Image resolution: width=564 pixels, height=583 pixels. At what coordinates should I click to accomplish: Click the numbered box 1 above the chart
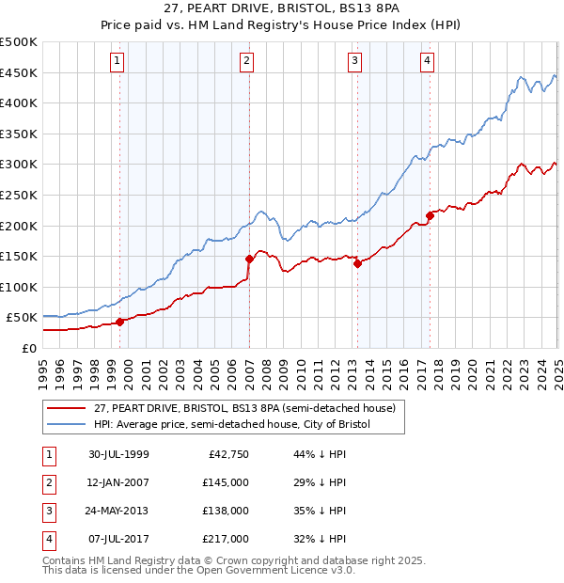(117, 62)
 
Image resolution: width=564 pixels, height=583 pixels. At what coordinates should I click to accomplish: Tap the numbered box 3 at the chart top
(355, 62)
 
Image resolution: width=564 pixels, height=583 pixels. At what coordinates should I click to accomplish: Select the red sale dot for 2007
(249, 259)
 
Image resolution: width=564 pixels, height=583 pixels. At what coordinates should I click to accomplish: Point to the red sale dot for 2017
(430, 215)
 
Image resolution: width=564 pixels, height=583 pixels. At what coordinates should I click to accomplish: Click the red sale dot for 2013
(358, 263)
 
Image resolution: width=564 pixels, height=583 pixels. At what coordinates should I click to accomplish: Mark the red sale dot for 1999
(120, 322)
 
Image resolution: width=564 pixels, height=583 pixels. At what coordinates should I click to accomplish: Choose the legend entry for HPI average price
(232, 424)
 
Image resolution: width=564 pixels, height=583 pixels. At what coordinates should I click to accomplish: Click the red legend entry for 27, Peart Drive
(248, 408)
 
